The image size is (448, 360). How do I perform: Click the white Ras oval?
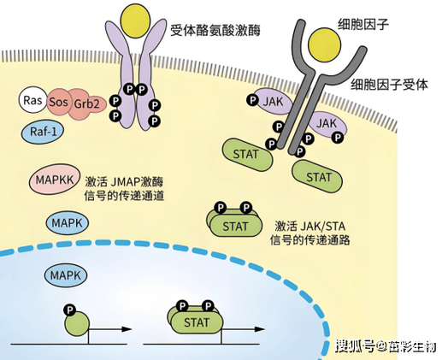pos(32,100)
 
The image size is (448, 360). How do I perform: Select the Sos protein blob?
pos(58,102)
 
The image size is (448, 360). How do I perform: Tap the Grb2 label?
pos(86,103)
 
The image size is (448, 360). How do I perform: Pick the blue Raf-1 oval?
pos(43,132)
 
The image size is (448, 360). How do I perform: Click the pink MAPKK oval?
pos(54,180)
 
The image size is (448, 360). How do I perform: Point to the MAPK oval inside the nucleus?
pos(66,275)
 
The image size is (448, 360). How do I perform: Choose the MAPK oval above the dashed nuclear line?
pos(68,223)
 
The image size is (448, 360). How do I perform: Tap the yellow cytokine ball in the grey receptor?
pos(325,44)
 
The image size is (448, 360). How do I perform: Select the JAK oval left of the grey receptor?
pos(273,102)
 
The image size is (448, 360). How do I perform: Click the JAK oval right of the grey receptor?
pos(327,124)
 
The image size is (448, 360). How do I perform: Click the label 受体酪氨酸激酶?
pos(215,30)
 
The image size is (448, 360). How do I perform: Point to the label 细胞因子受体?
pos(389,85)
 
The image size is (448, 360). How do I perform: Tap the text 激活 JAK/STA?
pos(310,227)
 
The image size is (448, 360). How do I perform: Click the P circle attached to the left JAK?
pos(253,100)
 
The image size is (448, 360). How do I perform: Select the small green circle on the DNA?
pos(77,324)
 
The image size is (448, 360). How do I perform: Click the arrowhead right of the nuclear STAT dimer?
pos(259,329)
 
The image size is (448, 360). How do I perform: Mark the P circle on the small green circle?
pos(70,310)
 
